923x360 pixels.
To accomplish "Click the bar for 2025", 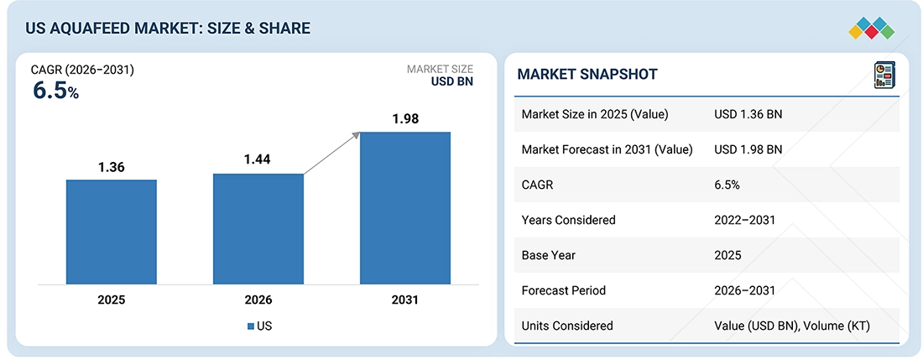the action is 112,232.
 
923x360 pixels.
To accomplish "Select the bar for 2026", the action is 258,229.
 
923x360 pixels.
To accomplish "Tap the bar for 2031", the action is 405,208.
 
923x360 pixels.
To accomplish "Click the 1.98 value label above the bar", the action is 405,119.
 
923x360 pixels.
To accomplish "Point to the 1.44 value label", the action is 258,159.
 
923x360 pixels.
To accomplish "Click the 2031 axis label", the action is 405,300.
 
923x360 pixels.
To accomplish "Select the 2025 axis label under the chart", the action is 112,300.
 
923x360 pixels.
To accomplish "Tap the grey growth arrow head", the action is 355,136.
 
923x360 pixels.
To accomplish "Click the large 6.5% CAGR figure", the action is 55,91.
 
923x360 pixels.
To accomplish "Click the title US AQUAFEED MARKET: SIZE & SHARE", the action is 167,29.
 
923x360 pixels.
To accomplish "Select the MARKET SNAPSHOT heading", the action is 587,74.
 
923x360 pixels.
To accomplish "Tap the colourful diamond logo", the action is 871,29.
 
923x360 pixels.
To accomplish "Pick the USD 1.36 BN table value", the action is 748,114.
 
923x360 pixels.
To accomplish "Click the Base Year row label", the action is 548,255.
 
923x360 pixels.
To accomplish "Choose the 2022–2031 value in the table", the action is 744,220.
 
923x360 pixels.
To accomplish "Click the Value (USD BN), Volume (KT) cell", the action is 792,326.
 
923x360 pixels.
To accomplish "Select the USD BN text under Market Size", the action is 452,81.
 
